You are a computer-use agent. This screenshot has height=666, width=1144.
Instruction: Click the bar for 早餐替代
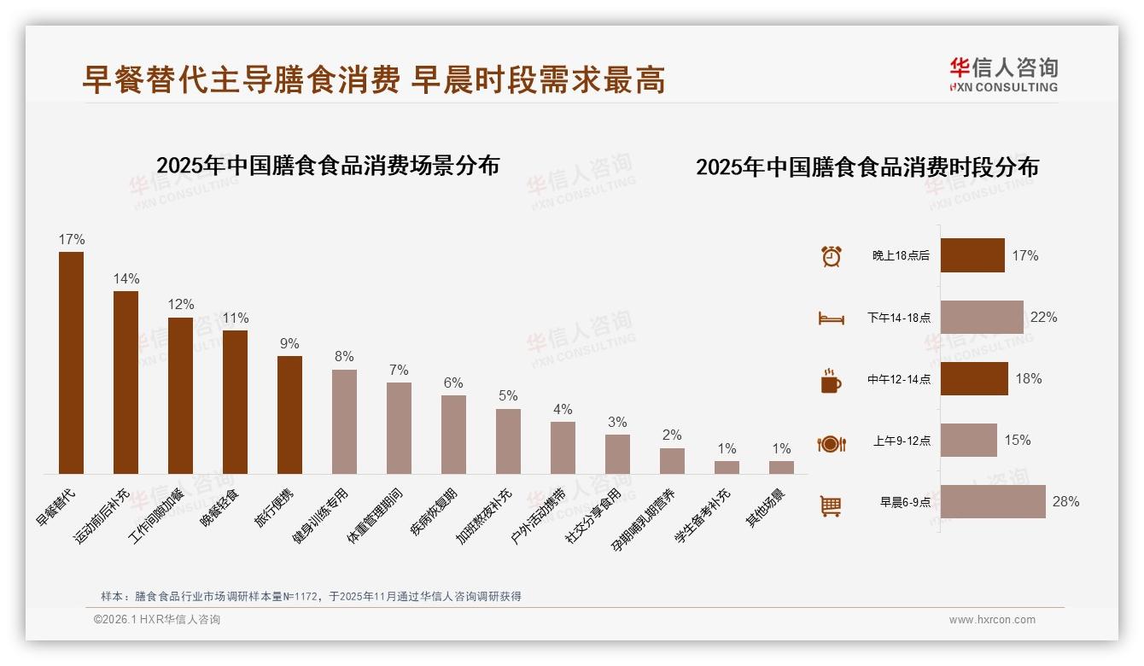click(x=71, y=362)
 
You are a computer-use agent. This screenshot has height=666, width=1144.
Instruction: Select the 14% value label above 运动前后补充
click(x=126, y=279)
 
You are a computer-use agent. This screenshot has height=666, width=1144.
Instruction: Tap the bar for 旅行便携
click(x=289, y=414)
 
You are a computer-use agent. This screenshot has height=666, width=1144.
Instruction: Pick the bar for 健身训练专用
click(x=344, y=421)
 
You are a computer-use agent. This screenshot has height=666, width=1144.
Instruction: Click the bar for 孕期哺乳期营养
click(x=672, y=460)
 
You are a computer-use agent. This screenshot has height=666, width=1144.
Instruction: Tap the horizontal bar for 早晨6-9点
click(x=993, y=501)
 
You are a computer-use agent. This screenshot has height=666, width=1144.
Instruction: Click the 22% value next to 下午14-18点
click(x=1043, y=318)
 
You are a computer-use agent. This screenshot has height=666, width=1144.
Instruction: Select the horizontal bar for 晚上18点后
click(x=972, y=255)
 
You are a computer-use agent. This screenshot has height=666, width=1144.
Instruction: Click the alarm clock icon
click(x=831, y=256)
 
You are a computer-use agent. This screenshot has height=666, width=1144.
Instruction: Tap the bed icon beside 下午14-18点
click(x=831, y=318)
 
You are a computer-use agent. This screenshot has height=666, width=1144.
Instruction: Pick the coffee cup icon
click(x=831, y=381)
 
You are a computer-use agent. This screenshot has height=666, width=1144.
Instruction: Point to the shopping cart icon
click(x=831, y=505)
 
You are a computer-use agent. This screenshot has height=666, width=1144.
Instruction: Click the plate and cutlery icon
click(x=831, y=443)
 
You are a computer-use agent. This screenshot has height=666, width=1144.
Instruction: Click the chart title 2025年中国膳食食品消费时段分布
click(x=867, y=167)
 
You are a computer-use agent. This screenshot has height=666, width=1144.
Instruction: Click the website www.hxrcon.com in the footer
click(x=992, y=620)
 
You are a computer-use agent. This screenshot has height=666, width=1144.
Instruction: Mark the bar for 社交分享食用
click(x=617, y=453)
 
